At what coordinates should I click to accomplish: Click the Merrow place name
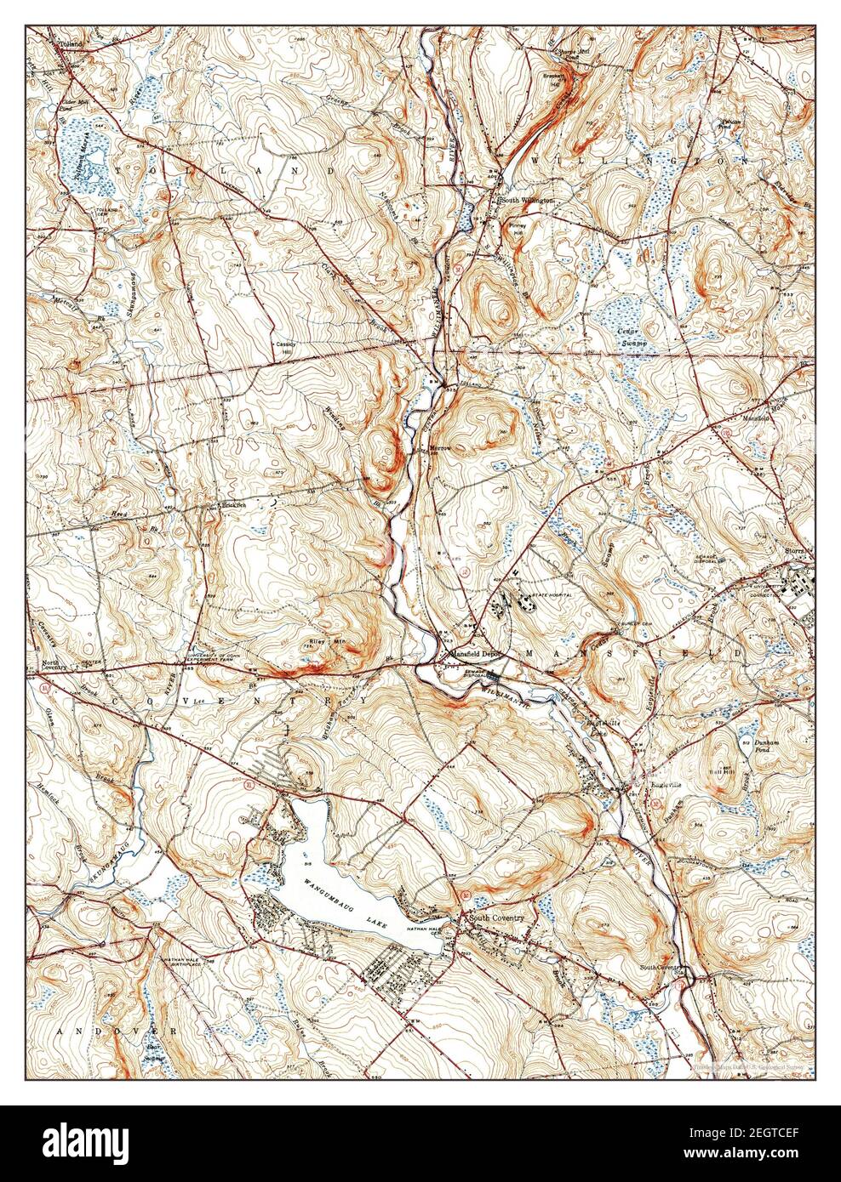click(x=439, y=447)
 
